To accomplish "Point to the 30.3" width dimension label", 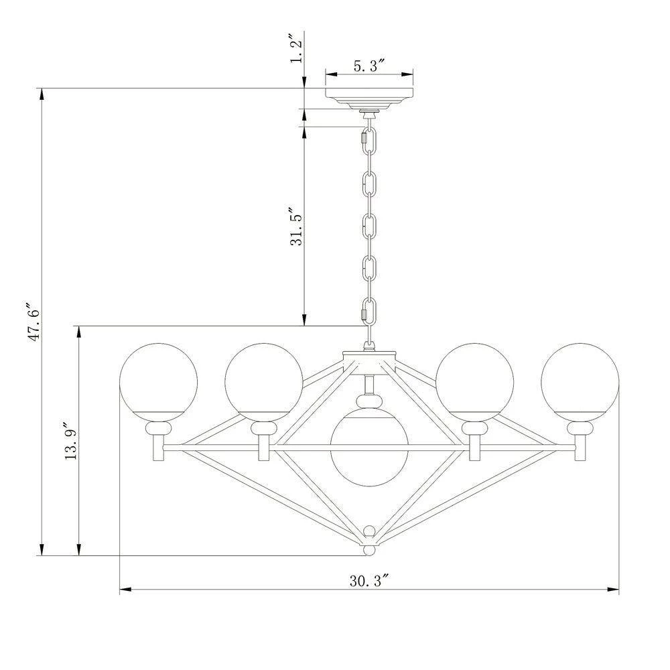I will coord(368,580).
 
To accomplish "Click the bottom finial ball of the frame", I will coord(368,551).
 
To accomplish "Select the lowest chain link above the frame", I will coord(368,310).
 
